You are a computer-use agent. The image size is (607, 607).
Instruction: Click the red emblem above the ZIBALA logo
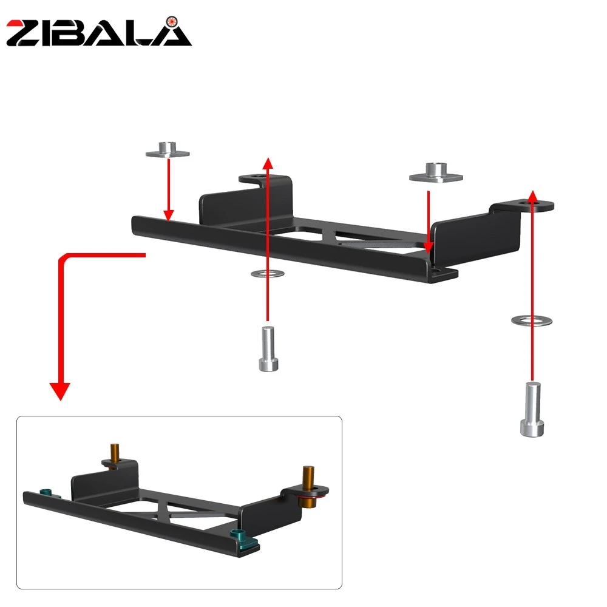(172, 22)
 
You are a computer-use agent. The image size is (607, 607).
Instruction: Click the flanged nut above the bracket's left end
(168, 150)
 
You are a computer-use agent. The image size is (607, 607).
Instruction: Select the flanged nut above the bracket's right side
(436, 172)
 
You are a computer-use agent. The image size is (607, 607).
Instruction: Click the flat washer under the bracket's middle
(268, 274)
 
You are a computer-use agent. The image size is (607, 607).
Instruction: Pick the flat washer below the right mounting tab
(532, 320)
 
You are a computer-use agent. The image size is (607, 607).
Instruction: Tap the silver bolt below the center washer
(268, 349)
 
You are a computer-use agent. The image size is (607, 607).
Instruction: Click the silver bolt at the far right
(532, 409)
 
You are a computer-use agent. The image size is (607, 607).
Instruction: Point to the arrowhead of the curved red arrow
(60, 391)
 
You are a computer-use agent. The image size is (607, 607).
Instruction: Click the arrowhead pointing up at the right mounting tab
(533, 196)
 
